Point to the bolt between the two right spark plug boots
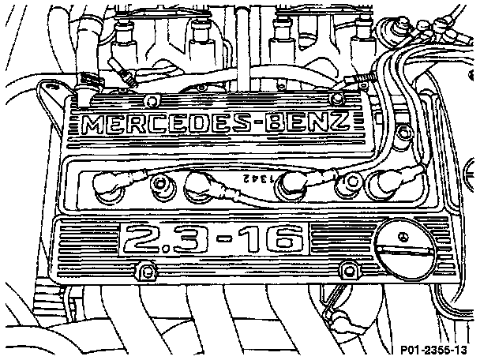(x=343, y=186)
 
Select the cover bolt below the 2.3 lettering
(x=144, y=272)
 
